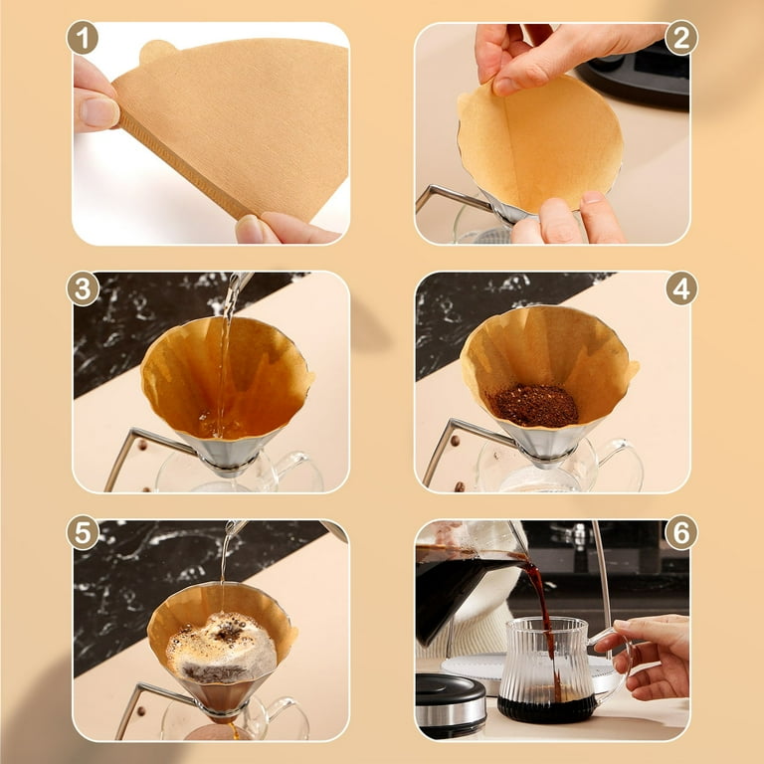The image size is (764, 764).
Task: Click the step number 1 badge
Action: click(x=83, y=37)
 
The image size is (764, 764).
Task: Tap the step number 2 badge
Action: click(x=681, y=37)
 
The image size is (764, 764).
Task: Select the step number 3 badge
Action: click(x=83, y=288)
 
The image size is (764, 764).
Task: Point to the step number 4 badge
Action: click(x=681, y=288)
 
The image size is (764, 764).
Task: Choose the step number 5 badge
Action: click(x=83, y=532)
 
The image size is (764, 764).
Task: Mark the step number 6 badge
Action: click(x=681, y=532)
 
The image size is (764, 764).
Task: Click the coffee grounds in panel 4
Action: click(x=533, y=406)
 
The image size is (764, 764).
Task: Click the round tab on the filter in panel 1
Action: click(x=157, y=51)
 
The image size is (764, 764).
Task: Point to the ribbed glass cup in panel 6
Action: click(x=548, y=669)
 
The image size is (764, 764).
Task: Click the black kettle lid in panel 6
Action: click(x=450, y=691)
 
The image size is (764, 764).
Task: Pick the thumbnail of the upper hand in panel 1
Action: click(x=98, y=111)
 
